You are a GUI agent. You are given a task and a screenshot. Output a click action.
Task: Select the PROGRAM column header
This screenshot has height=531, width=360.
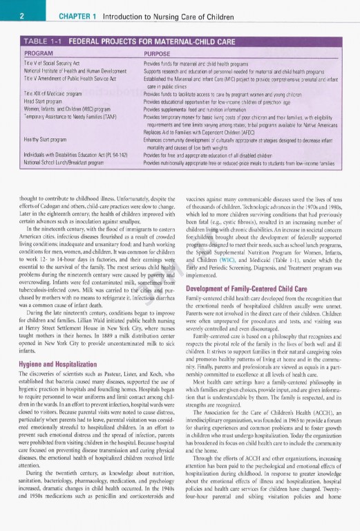[39, 53]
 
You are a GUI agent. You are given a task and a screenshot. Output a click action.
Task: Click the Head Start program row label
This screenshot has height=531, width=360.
[41, 100]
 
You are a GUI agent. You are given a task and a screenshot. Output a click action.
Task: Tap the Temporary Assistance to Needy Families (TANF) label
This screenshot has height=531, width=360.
[66, 115]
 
